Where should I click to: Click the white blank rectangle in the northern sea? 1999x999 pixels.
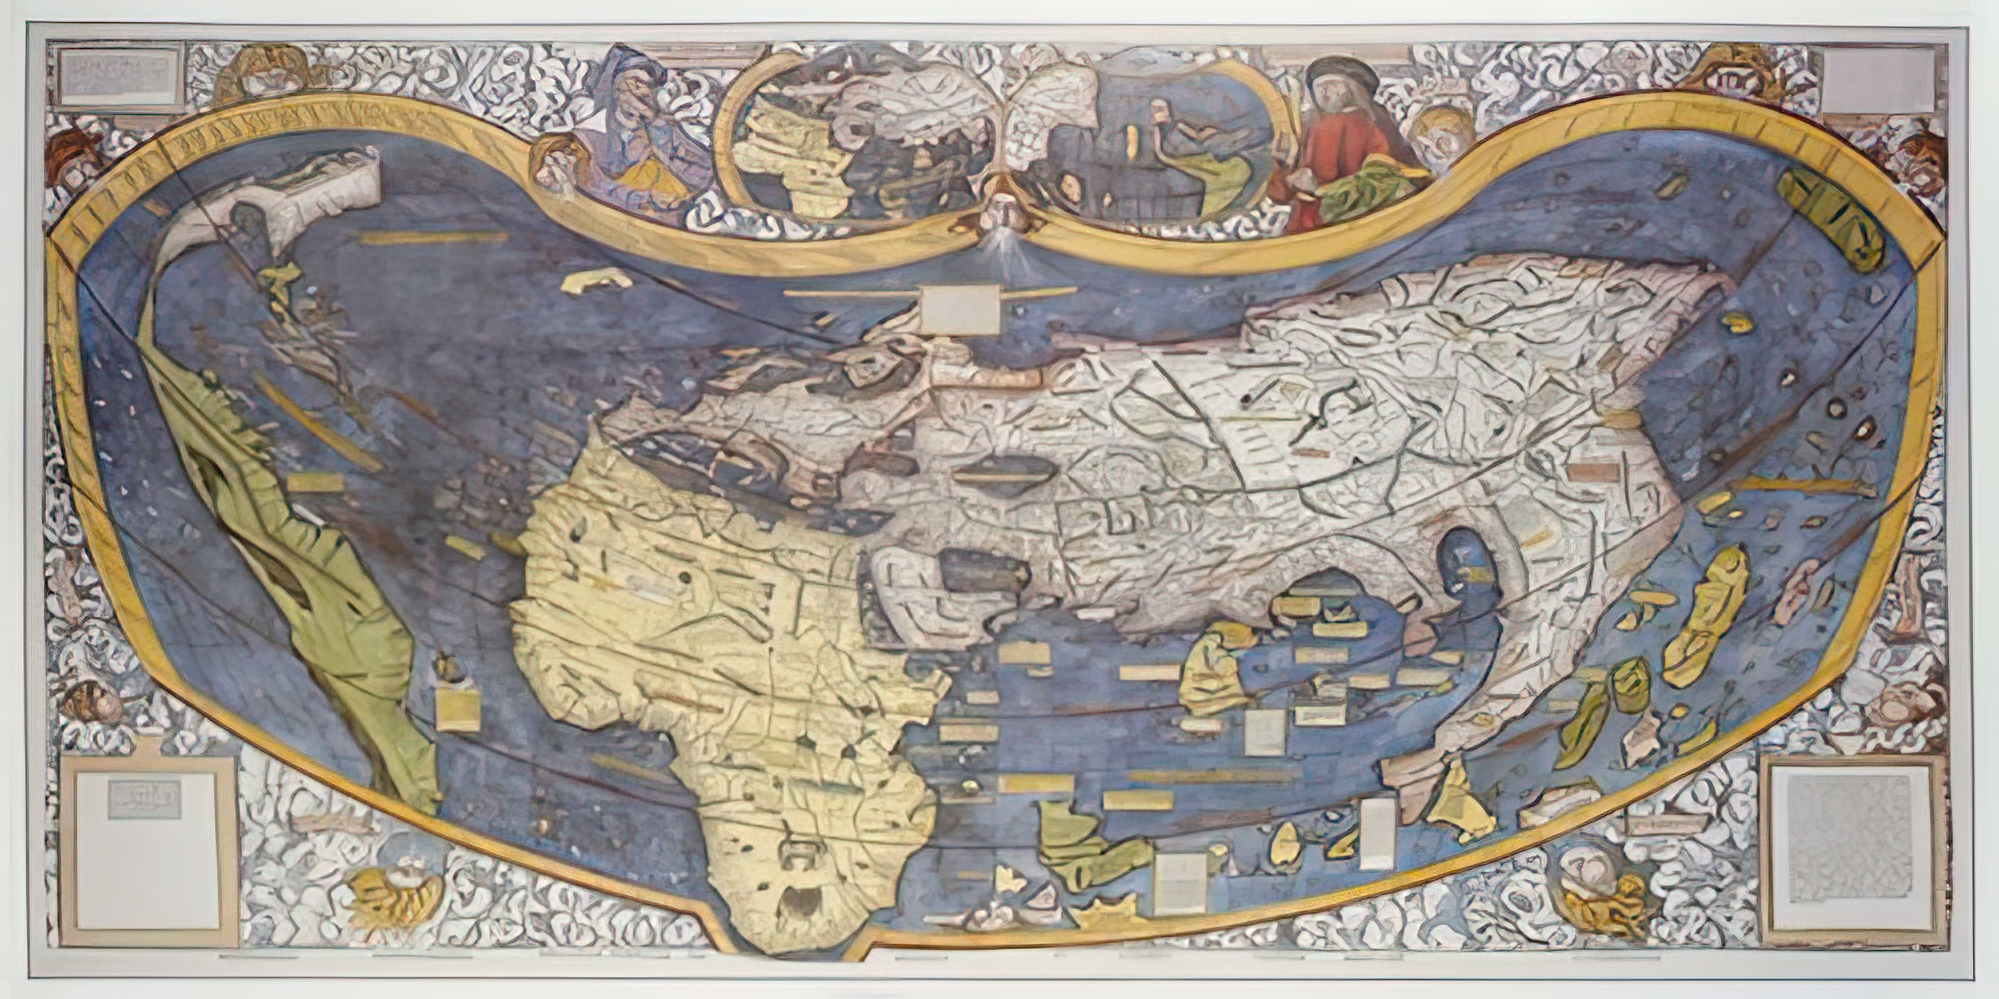(961, 309)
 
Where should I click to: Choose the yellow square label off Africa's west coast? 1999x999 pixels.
(457, 707)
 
